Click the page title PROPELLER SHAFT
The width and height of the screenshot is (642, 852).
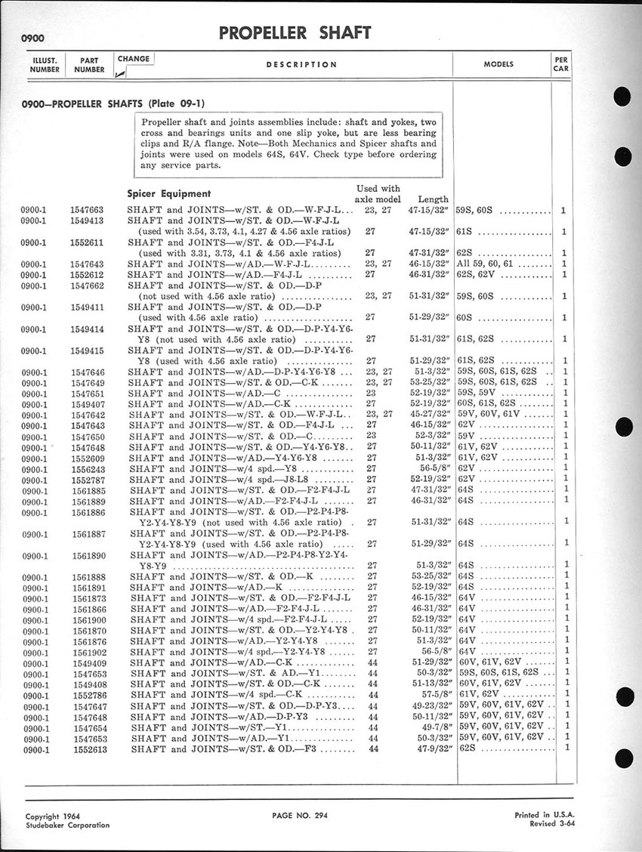pos(295,32)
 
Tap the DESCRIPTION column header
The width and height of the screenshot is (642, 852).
pos(301,65)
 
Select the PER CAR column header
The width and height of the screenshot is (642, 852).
pos(561,63)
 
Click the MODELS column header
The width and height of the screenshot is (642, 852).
pos(498,65)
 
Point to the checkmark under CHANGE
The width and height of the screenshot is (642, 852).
pos(120,73)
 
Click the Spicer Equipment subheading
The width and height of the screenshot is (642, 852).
pos(168,193)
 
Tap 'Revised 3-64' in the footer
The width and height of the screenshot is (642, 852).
pos(542,825)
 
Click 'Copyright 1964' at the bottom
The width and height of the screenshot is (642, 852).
pos(53,816)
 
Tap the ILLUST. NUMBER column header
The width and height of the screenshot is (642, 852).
pos(44,64)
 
